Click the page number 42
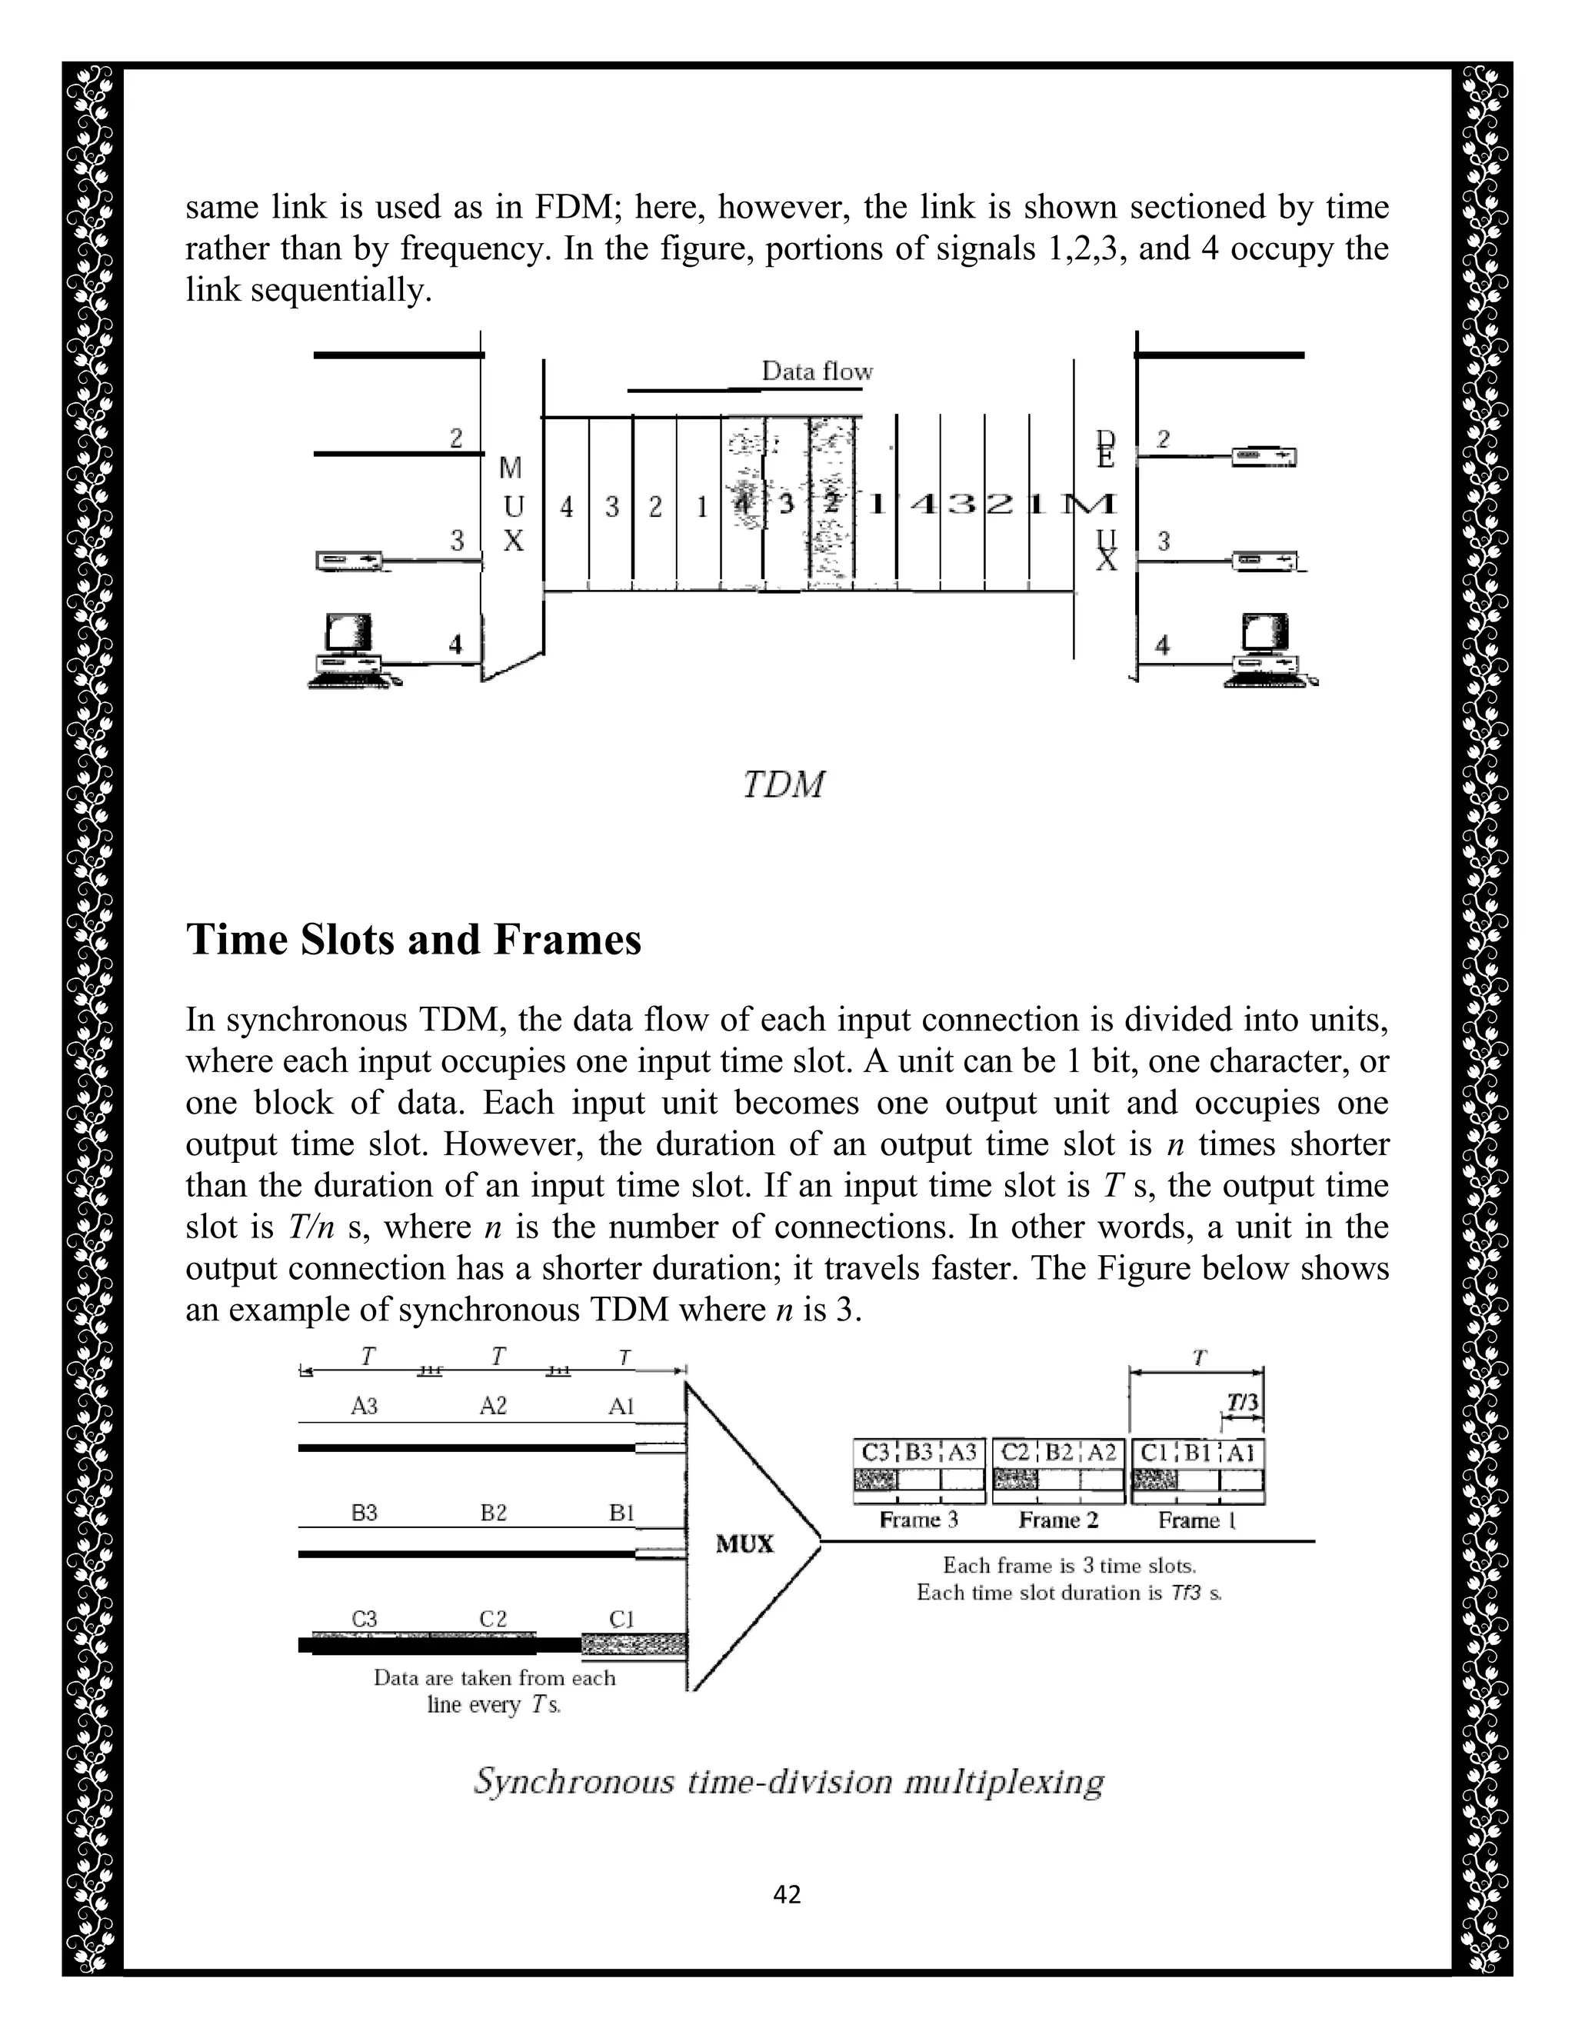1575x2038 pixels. coord(787,1893)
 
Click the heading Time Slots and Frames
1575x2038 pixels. coord(413,939)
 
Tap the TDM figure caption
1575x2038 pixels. coord(784,784)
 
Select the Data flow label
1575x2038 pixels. coord(817,371)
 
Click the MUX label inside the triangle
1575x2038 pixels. coord(744,1543)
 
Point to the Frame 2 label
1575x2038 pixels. coord(1058,1520)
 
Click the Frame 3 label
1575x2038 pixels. coord(918,1520)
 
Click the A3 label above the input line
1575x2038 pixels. coord(364,1407)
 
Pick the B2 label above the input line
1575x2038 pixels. coord(494,1513)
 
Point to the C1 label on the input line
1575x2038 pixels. coord(621,1619)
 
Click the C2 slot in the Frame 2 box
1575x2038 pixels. coord(1015,1453)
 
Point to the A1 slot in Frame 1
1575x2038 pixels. coord(1242,1453)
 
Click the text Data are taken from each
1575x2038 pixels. coord(494,1678)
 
